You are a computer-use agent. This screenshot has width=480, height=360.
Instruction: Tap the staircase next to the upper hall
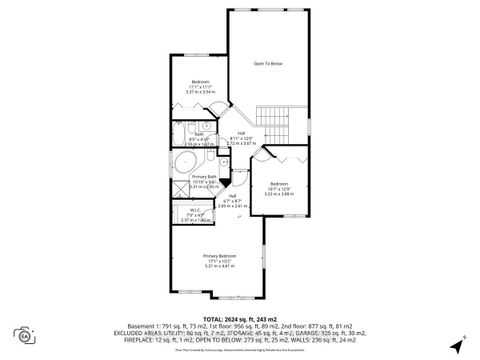pyautogui.click(x=271, y=115)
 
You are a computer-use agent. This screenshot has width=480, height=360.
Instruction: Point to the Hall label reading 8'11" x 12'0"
pyautogui.click(x=242, y=136)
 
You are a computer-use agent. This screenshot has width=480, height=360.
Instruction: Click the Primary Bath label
pyautogui.click(x=205, y=177)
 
